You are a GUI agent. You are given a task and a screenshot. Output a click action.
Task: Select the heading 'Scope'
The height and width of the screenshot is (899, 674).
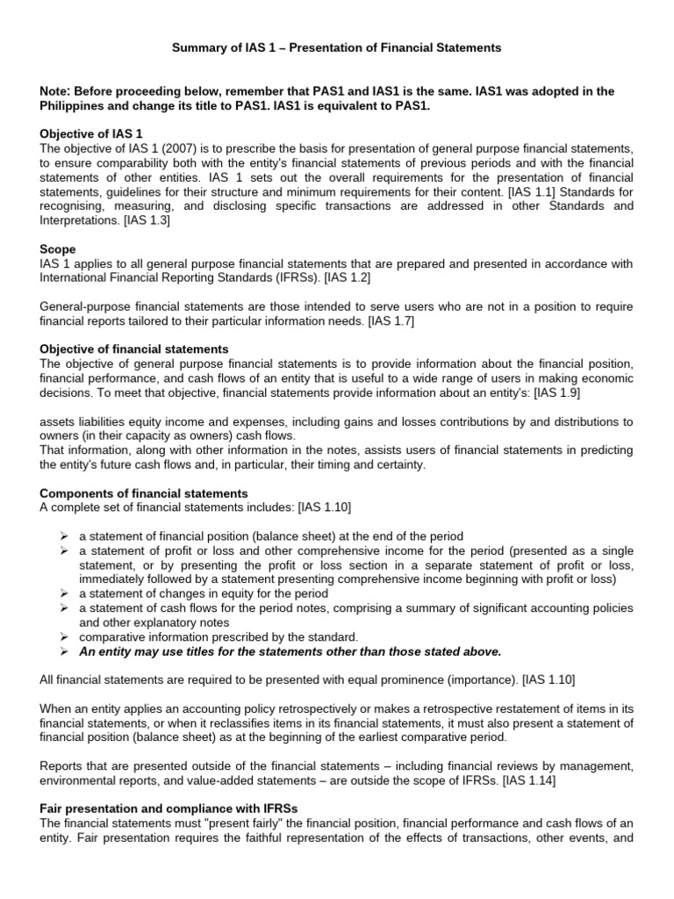58,249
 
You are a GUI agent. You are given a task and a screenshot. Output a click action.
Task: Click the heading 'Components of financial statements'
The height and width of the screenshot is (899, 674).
145,493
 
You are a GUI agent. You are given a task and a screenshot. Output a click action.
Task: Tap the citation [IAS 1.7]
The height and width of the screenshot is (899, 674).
388,320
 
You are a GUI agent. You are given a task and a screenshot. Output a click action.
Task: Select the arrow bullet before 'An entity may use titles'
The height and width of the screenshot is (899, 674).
65,651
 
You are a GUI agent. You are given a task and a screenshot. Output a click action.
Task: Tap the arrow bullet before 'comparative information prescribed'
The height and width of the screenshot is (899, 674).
65,636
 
